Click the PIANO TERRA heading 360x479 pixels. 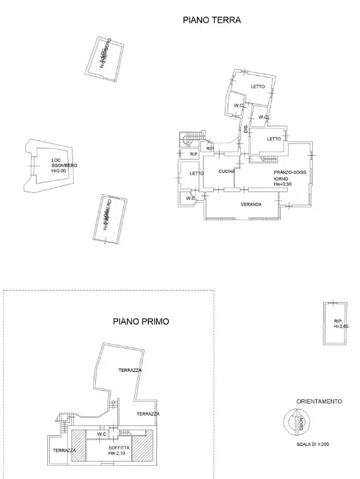[x=212, y=21]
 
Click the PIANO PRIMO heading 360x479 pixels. [x=140, y=321]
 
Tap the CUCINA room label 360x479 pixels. [x=228, y=172]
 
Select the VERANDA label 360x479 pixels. [x=251, y=204]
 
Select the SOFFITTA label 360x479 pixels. [x=119, y=448]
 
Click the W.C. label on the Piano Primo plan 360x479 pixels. [x=102, y=435]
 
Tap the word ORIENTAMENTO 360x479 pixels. [x=319, y=402]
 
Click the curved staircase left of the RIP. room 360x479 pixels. [x=188, y=140]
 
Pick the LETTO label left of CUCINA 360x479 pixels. [x=196, y=174]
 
